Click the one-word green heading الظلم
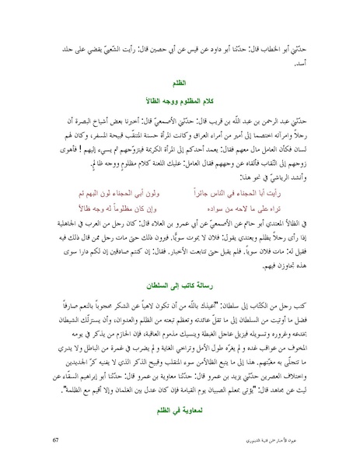180,79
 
